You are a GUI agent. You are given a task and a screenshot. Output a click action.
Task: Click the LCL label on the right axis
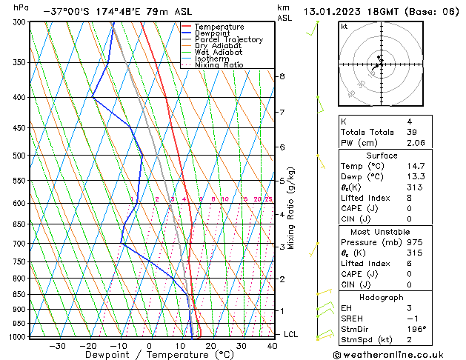291,334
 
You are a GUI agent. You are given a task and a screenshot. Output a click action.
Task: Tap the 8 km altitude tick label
282,76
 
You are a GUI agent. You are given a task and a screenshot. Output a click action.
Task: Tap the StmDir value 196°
420,329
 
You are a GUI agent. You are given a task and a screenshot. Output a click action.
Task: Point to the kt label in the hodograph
344,27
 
